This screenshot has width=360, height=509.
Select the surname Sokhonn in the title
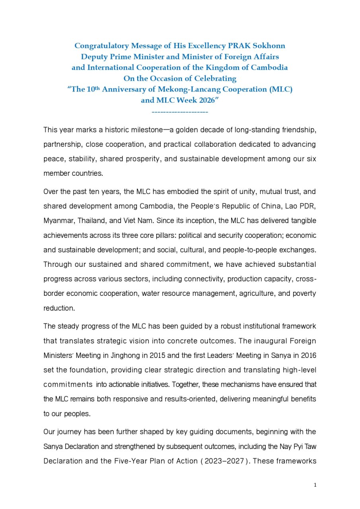[269, 46]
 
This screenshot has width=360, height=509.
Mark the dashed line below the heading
[180, 112]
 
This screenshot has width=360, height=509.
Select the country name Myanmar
[56, 220]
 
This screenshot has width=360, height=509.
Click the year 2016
[308, 356]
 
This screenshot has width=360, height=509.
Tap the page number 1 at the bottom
[315, 485]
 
